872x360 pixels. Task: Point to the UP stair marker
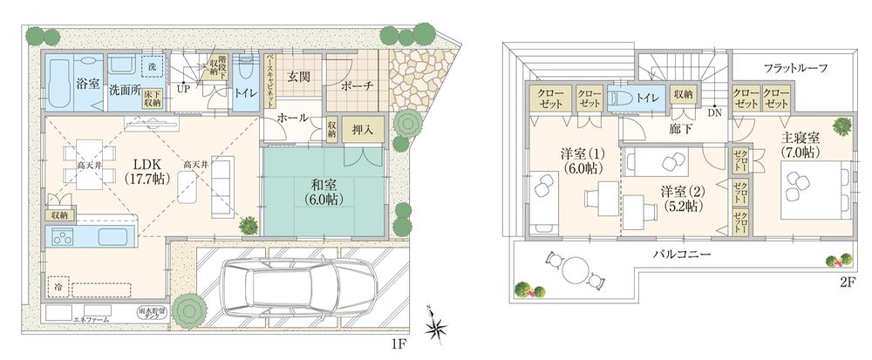[184, 88]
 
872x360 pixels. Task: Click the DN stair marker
[714, 112]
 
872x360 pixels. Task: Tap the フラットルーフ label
[794, 67]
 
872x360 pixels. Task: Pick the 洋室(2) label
[681, 199]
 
